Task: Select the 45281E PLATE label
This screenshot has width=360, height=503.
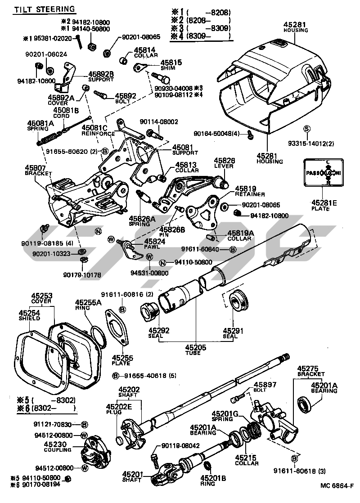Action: click(324, 206)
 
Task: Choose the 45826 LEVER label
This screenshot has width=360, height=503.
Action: click(224, 163)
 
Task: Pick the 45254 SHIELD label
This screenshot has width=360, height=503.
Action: click(29, 315)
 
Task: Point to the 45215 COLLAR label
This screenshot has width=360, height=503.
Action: click(247, 460)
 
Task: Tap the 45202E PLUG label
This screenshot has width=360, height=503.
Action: click(119, 409)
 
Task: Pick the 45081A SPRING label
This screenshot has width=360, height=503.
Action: click(40, 126)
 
